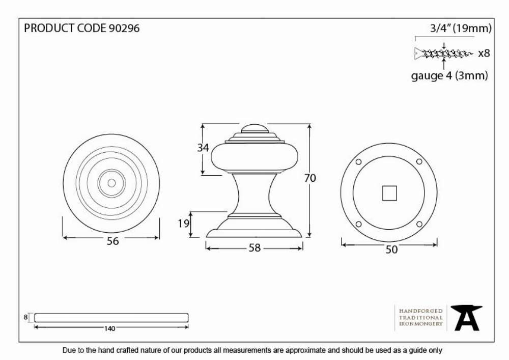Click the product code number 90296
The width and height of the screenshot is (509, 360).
(x=124, y=28)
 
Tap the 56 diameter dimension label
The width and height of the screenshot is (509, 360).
(x=112, y=241)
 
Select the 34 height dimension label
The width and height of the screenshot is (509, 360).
(x=203, y=148)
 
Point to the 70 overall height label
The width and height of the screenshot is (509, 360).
(x=310, y=178)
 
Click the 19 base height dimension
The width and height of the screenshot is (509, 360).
(x=183, y=224)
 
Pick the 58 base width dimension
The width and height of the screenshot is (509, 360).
(x=254, y=248)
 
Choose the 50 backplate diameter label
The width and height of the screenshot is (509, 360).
(x=391, y=250)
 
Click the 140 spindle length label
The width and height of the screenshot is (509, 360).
(x=110, y=328)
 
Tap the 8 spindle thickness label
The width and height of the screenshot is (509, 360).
(x=25, y=317)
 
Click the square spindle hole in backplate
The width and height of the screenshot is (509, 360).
(x=389, y=193)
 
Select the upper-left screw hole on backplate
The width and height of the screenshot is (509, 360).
(x=359, y=162)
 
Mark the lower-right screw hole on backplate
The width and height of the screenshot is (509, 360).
(x=419, y=224)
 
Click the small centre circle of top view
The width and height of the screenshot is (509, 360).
(x=111, y=183)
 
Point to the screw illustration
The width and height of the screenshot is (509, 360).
(x=443, y=53)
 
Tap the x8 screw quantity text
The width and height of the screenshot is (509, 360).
(x=484, y=53)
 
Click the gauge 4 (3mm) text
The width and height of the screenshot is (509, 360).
(x=449, y=76)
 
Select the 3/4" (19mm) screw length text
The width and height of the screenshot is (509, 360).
(x=461, y=29)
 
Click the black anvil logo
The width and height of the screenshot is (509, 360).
(x=466, y=318)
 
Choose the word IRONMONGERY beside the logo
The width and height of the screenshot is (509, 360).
(x=421, y=324)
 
